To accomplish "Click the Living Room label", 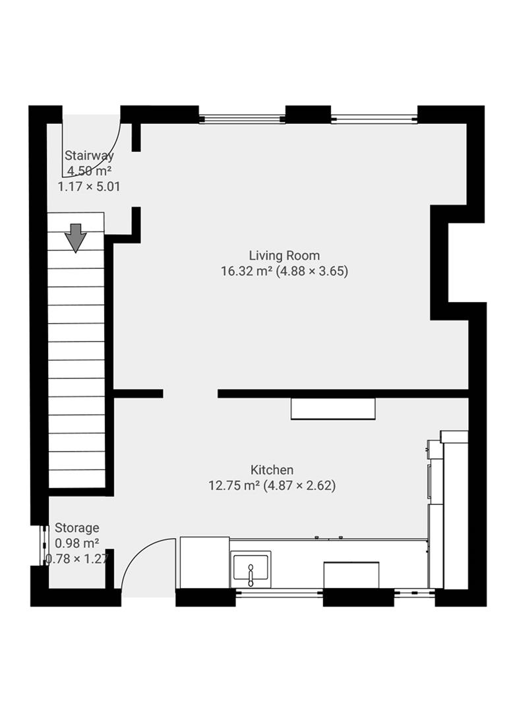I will click(284, 255).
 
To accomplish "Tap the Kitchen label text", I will click(272, 470).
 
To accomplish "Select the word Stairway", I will click(89, 156).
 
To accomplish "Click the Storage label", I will click(76, 527).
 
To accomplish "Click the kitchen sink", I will click(251, 568).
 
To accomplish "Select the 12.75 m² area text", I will click(234, 486).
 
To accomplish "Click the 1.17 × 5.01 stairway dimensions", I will click(89, 187).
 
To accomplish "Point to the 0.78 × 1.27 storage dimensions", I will click(76, 560).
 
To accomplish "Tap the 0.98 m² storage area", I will click(76, 543).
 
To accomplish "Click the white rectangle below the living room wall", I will click(333, 409).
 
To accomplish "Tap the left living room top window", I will click(241, 119).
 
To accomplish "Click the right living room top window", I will click(374, 119).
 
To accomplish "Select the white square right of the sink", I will click(351, 574).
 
